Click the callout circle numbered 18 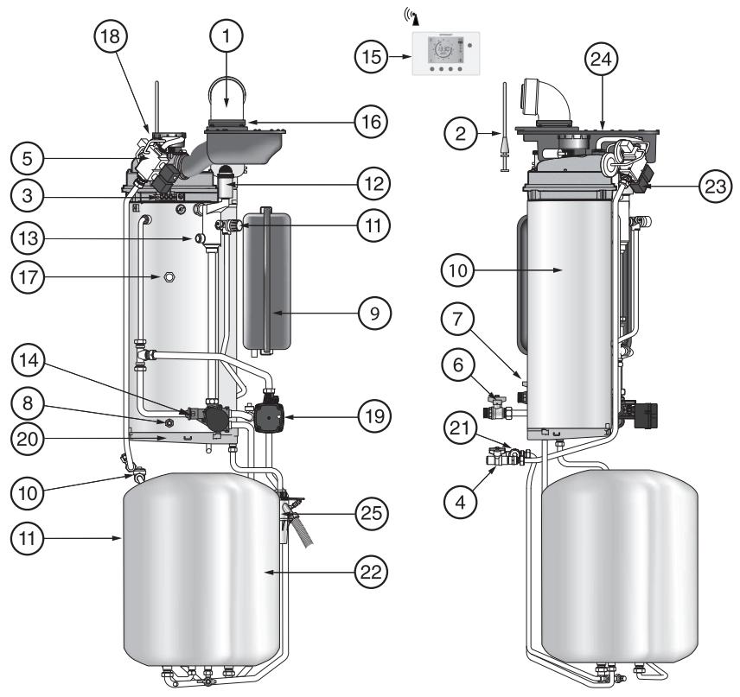coord(111,35)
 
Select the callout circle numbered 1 coord(226,35)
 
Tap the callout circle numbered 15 coord(371,57)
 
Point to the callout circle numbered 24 coord(601,60)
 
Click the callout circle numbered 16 coord(371,122)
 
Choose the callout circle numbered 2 coord(460,134)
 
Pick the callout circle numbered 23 coord(715,187)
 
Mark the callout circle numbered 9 coord(374,314)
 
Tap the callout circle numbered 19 coord(374,416)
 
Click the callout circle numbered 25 coord(372,513)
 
